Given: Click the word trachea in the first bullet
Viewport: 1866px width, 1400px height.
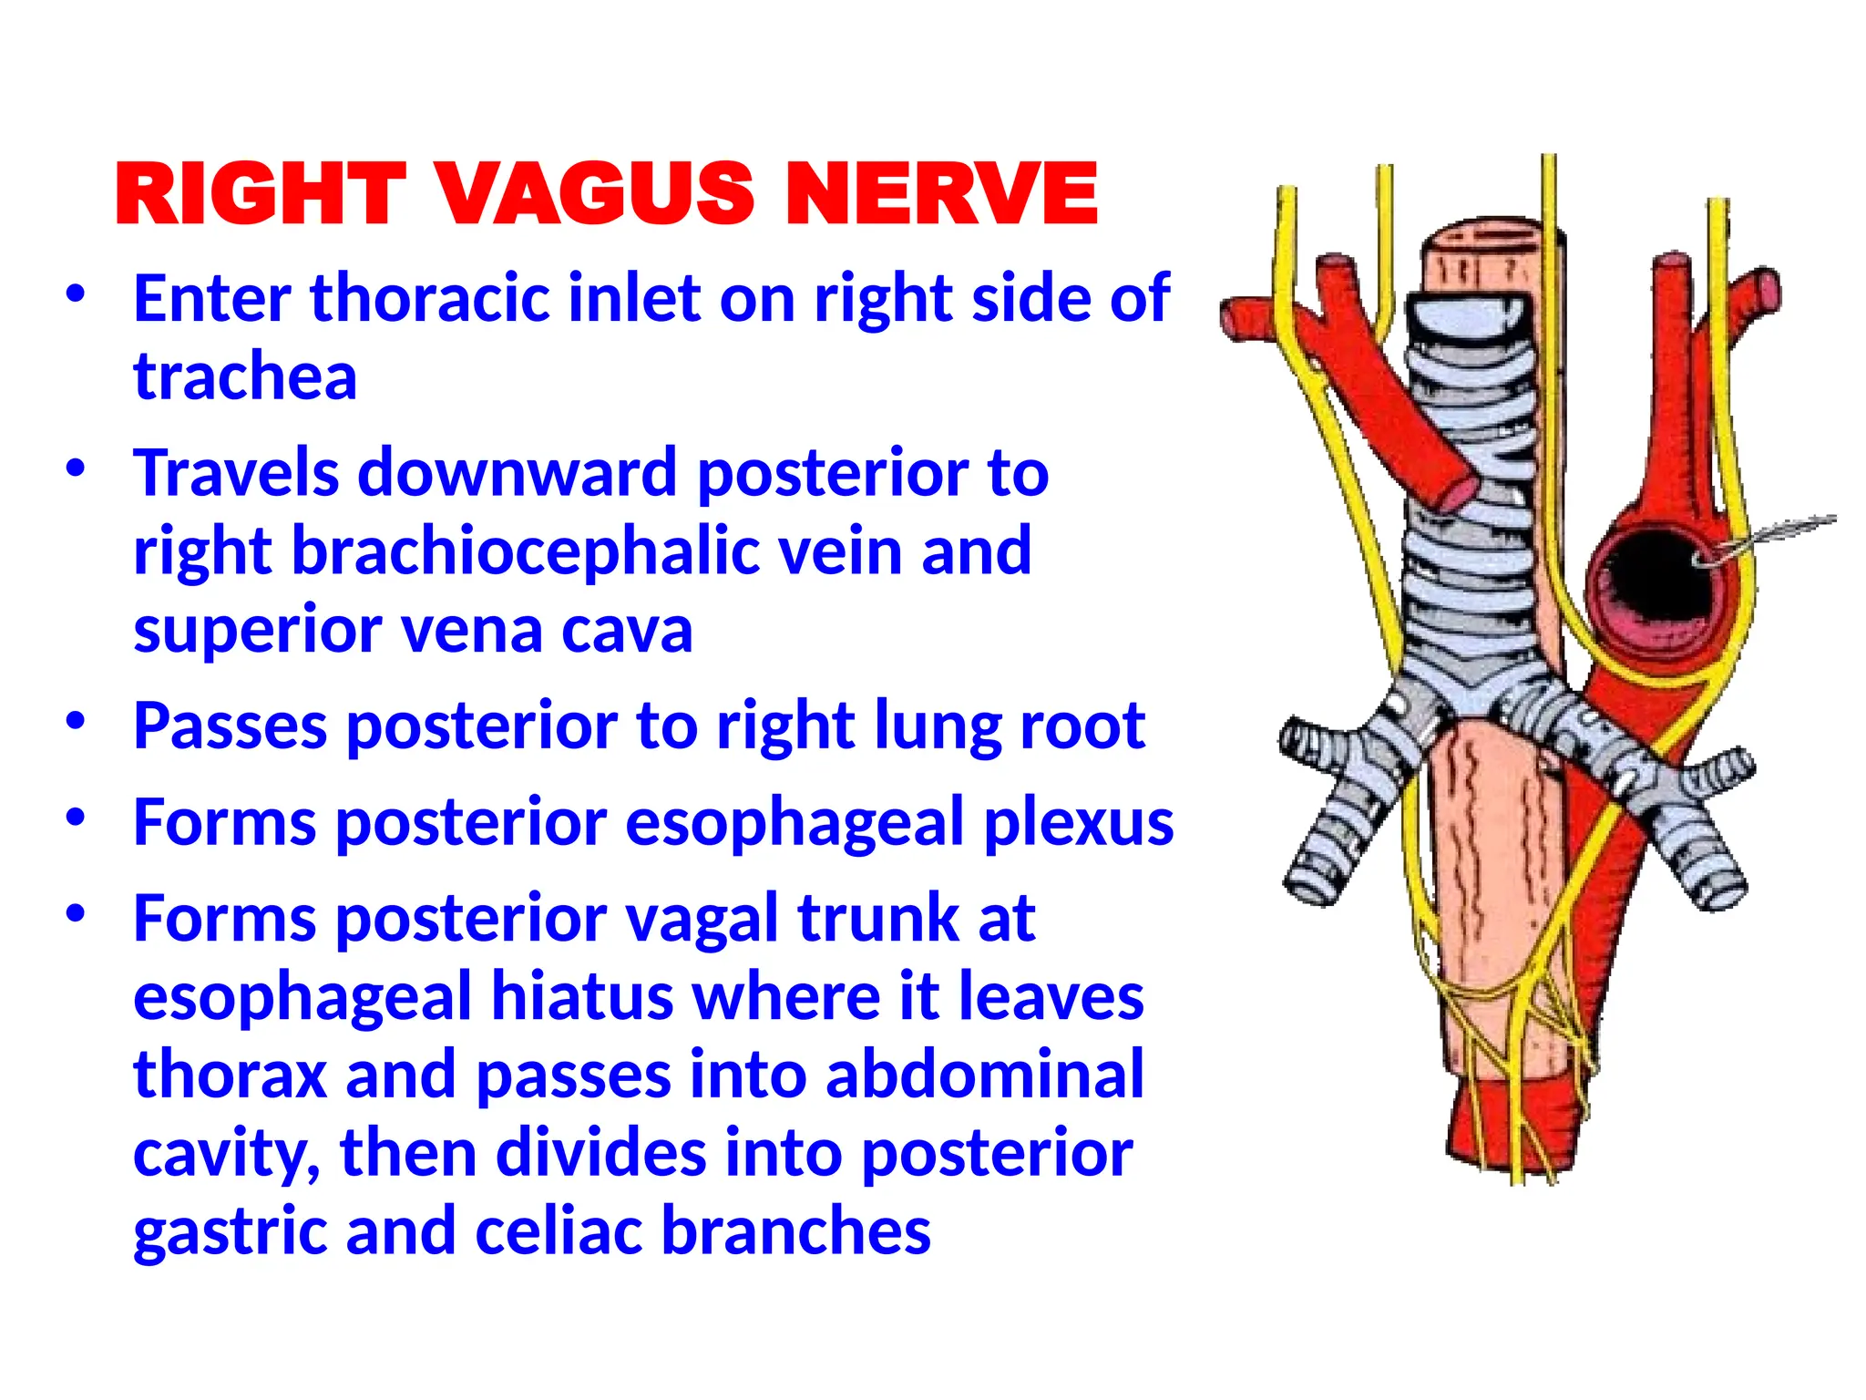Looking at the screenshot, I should [x=245, y=376].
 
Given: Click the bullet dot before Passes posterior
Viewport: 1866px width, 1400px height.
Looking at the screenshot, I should [x=77, y=722].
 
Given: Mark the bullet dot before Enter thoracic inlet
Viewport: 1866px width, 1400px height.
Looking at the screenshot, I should [x=77, y=294].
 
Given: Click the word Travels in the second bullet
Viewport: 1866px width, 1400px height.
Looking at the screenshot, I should [x=236, y=473].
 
